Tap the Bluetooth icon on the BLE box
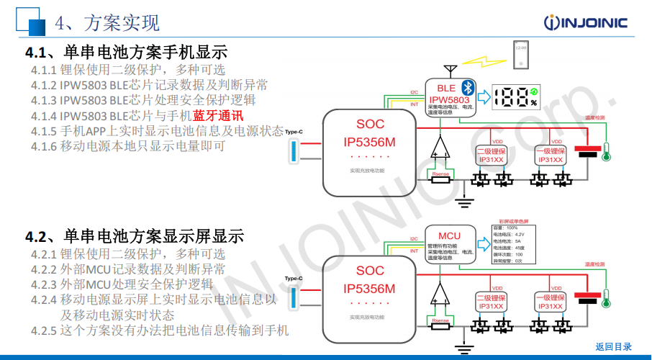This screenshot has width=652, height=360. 466,86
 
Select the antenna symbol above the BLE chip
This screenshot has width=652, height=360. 451,70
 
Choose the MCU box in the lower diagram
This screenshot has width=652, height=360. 450,244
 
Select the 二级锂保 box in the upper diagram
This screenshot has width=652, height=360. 492,156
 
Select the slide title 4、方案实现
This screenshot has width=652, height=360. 108,23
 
